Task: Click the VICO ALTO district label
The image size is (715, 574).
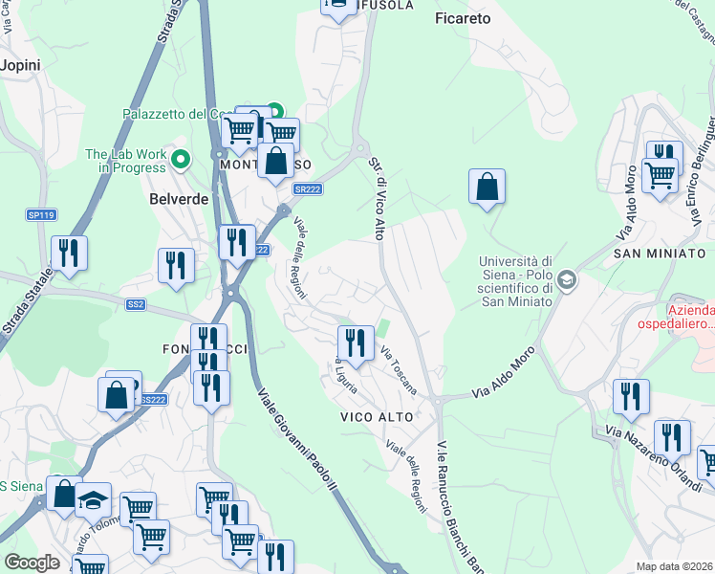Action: (377, 417)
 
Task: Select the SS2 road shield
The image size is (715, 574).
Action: (136, 304)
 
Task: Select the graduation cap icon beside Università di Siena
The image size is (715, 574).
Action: (567, 280)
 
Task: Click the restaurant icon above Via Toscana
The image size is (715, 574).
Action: (356, 342)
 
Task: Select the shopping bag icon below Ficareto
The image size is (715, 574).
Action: (487, 186)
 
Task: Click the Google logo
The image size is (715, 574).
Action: (32, 562)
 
